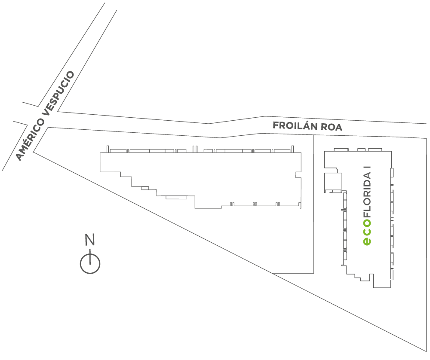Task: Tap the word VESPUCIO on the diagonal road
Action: [x=60, y=92]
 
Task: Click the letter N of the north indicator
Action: [x=89, y=240]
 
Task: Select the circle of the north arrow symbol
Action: [x=90, y=263]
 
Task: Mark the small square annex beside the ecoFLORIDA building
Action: [x=332, y=182]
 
